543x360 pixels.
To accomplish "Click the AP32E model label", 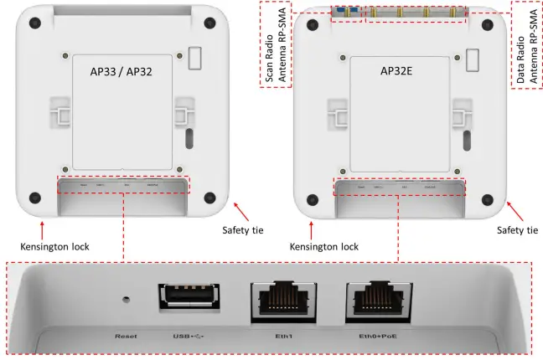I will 403,72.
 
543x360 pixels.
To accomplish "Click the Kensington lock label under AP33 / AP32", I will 54,247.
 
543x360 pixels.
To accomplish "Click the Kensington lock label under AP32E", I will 324,247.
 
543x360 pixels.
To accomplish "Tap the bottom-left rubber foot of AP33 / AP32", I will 34,198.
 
